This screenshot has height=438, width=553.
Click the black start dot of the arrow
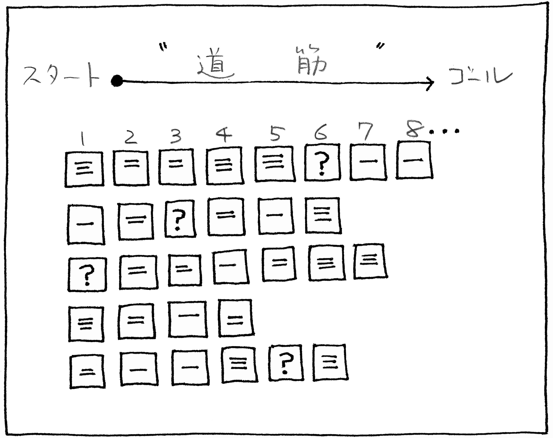(117, 81)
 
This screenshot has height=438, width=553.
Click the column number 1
(83, 138)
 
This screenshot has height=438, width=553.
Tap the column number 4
(224, 134)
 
